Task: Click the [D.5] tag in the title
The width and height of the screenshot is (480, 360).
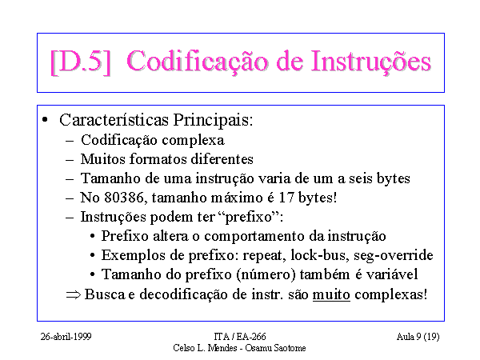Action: click(80, 62)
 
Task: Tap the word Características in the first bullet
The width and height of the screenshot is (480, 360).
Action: click(114, 120)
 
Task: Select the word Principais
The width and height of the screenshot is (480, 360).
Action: click(213, 120)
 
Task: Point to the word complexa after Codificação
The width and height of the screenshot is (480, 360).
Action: click(193, 141)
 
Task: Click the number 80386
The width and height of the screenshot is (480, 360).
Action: click(124, 198)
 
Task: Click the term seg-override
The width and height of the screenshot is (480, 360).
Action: click(394, 256)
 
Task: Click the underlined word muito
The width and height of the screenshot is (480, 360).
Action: click(331, 294)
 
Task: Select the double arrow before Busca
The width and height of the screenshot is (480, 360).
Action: click(74, 294)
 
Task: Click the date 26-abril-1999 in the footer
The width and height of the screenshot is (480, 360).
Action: click(66, 337)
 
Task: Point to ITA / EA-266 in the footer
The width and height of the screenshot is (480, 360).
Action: click(240, 337)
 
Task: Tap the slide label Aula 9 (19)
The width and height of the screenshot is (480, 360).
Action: click(418, 337)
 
